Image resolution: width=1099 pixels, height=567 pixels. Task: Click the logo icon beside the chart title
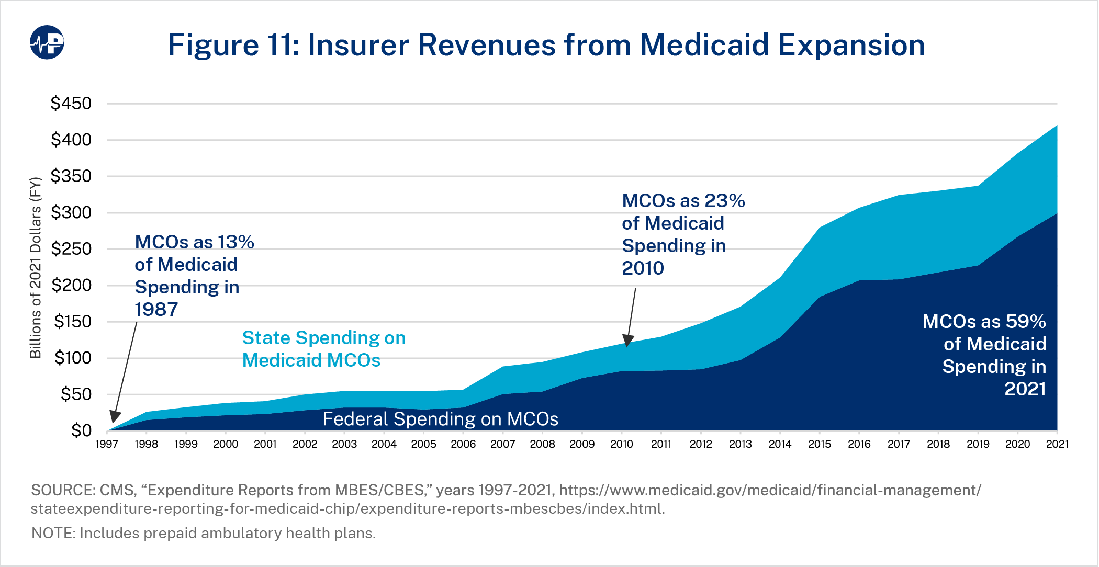[47, 42]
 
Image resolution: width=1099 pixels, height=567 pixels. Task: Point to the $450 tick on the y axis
[71, 104]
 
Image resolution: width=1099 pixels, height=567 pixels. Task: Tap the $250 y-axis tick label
[71, 249]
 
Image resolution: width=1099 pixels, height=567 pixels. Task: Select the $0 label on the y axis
[81, 430]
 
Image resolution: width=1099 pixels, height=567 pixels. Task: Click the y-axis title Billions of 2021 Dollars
[35, 268]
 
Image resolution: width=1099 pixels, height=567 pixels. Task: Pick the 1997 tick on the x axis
[107, 444]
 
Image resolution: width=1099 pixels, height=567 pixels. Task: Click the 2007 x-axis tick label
[502, 444]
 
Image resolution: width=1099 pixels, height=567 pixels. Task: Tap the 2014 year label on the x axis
[780, 444]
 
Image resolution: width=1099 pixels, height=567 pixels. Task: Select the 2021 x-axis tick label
[1057, 444]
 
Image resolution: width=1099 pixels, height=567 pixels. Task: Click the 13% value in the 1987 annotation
[236, 242]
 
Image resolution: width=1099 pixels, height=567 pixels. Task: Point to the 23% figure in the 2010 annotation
[724, 201]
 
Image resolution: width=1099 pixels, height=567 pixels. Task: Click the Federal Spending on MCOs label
[440, 419]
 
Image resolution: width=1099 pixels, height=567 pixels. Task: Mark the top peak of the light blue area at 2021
[1056, 126]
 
